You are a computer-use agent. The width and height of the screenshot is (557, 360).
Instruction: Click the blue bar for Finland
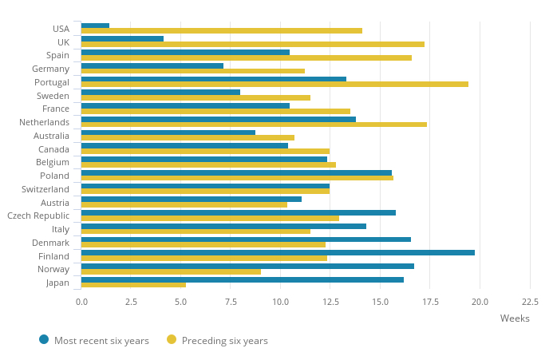click(x=278, y=252)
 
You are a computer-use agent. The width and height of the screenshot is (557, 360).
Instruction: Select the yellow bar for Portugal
click(x=275, y=84)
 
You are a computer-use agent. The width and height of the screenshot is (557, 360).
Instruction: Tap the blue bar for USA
click(x=95, y=26)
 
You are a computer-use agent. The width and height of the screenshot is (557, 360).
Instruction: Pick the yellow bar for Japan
click(x=133, y=284)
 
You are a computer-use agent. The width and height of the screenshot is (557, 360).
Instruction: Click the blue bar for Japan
click(x=242, y=279)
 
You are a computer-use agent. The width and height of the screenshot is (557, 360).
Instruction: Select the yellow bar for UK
click(x=252, y=44)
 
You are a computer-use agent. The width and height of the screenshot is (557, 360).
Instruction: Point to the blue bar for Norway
click(x=247, y=266)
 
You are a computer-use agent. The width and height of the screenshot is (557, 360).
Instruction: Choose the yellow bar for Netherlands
click(x=254, y=125)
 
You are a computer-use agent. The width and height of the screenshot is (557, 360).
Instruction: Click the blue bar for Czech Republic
click(x=238, y=212)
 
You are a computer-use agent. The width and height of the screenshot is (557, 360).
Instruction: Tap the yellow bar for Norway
click(x=171, y=271)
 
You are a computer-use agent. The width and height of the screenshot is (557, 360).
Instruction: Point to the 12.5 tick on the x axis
click(x=330, y=302)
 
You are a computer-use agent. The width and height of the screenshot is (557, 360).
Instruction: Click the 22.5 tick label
click(x=530, y=302)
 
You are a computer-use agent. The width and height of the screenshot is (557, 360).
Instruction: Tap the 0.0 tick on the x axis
click(x=81, y=302)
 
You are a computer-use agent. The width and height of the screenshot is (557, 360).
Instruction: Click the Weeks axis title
click(x=515, y=318)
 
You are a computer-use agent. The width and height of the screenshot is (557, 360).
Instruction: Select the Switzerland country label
click(x=45, y=189)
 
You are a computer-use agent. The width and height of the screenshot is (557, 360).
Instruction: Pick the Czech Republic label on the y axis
click(x=38, y=216)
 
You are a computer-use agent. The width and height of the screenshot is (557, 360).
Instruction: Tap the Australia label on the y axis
click(x=51, y=136)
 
